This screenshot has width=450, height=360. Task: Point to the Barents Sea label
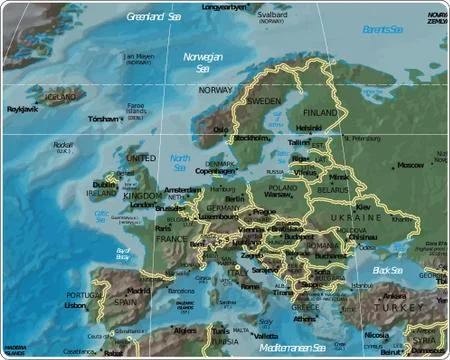tap(385, 30)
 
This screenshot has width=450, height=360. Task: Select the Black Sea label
tap(387, 270)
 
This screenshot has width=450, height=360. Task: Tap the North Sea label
tap(179, 162)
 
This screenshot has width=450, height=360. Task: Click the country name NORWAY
tap(216, 90)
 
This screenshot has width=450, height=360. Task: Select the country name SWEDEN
tap(264, 102)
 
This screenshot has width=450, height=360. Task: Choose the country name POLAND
tap(283, 187)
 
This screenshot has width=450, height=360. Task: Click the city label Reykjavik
tap(22, 109)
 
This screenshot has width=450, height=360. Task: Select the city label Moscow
tap(411, 165)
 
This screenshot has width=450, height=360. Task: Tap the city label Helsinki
tap(309, 127)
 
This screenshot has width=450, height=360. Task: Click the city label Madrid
tap(137, 291)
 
